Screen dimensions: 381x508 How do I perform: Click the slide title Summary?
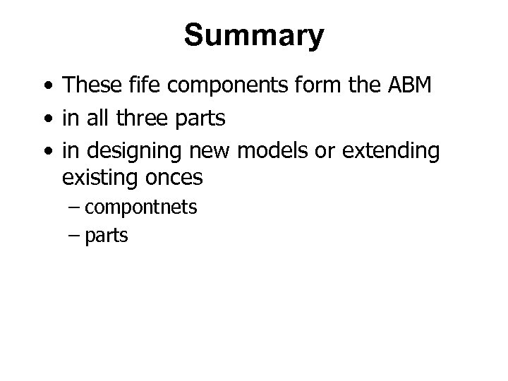(254, 35)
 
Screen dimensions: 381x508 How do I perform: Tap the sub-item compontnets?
(140, 208)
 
